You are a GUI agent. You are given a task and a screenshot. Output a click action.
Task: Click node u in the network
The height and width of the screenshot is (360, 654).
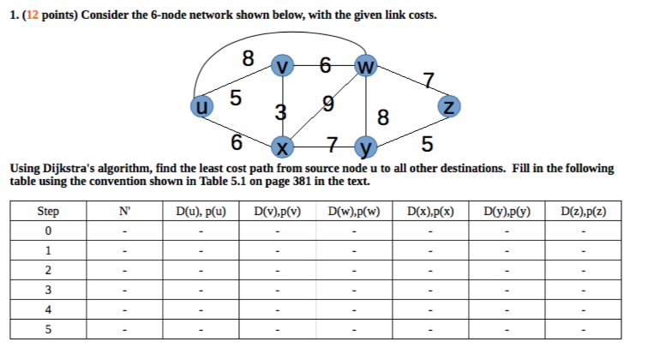coord(202,106)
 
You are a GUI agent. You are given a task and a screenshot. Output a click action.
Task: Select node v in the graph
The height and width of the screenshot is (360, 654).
coord(282,66)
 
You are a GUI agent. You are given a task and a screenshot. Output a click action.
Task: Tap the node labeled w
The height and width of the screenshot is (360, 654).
coord(366,66)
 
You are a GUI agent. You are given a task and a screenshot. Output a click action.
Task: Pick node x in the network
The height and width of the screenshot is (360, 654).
coord(282,147)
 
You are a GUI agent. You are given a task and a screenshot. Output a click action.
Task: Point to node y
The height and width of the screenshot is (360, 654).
coord(366,147)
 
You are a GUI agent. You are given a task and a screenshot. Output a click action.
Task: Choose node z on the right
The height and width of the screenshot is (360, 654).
coord(449,106)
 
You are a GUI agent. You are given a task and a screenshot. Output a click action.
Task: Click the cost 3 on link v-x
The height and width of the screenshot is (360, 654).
coord(281,112)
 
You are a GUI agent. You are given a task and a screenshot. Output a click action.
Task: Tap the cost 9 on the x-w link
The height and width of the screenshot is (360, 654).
coord(328,104)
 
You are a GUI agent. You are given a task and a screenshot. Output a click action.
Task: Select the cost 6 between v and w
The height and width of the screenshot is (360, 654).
coord(325,65)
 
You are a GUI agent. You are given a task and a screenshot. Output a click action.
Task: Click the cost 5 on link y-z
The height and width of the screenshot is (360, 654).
coord(427,144)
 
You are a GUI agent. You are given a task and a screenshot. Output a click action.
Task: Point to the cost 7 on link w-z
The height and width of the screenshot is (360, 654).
coord(429,80)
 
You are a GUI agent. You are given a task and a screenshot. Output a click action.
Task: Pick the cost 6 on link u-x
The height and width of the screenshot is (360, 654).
coord(236,142)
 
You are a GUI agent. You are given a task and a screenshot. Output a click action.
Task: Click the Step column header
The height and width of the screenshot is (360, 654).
coord(48,211)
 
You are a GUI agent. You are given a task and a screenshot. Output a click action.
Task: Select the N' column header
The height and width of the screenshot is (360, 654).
coord(124,211)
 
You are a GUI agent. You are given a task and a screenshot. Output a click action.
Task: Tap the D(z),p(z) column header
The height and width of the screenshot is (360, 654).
coord(583,212)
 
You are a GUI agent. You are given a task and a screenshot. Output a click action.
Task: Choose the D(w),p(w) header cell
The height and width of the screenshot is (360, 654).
coord(354,212)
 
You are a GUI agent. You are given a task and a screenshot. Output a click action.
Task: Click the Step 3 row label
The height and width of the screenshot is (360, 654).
coord(48,290)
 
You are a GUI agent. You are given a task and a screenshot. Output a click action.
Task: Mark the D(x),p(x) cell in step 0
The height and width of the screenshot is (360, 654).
coord(430,231)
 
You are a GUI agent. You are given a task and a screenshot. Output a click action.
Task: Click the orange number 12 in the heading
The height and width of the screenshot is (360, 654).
coord(33,15)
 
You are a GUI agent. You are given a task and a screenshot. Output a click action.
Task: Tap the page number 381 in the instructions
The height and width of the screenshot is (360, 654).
coord(302,182)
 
